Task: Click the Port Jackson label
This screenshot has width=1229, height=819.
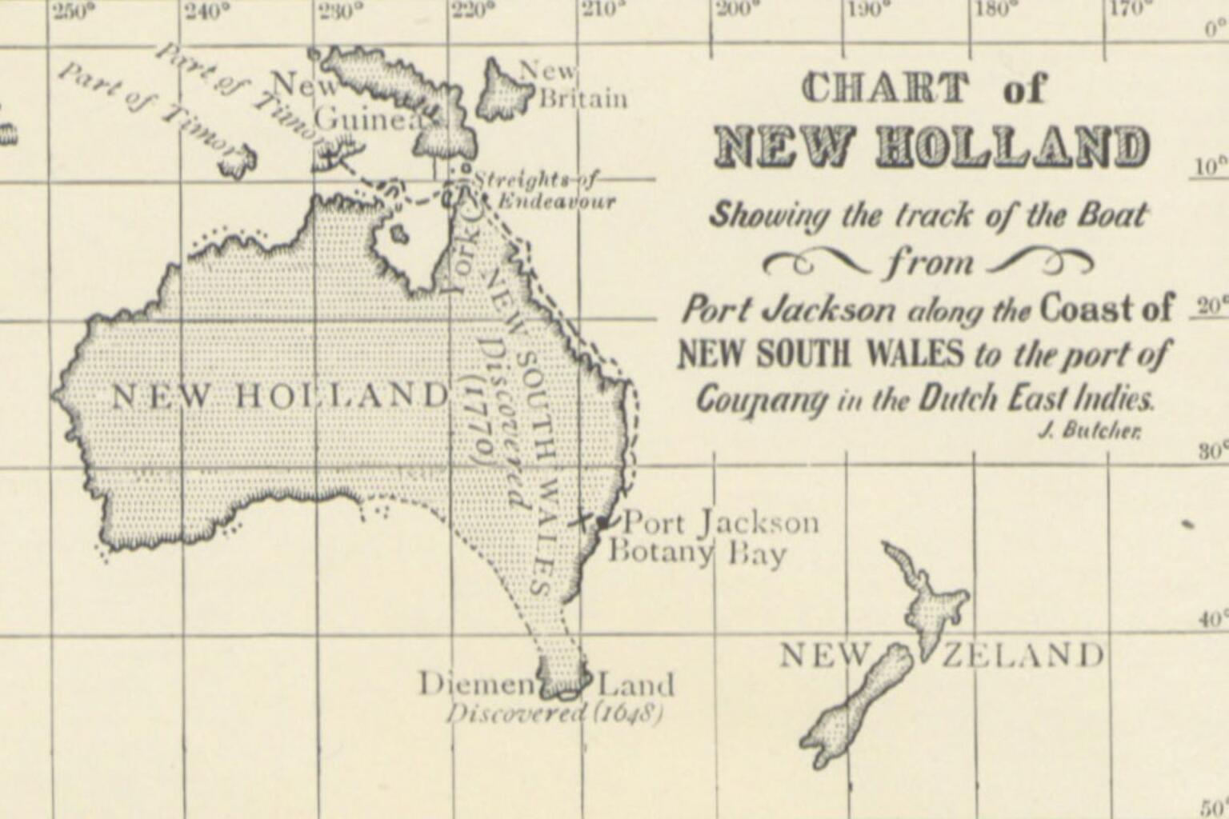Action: click(x=721, y=523)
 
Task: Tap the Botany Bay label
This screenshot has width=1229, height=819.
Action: click(x=697, y=553)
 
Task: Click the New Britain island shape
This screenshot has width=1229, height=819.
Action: click(x=502, y=91)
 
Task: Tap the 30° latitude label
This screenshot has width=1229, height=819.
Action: click(x=1211, y=451)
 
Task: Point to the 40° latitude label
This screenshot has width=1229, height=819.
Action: click(x=1212, y=620)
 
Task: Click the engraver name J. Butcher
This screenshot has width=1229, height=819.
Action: click(x=1089, y=431)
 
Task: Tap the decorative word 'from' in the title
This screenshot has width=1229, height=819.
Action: click(x=929, y=262)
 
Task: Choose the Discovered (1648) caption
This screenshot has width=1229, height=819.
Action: click(x=554, y=712)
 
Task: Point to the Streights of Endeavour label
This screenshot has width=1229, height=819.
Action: click(x=546, y=190)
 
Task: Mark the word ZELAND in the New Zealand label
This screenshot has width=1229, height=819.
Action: click(x=1022, y=655)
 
